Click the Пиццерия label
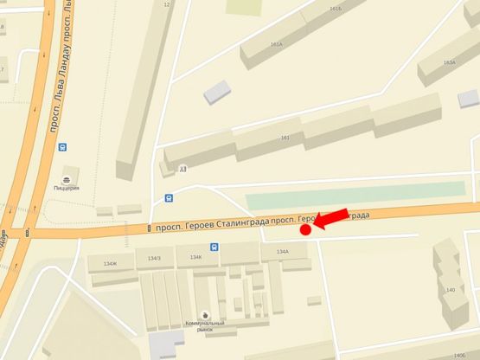click(67, 188)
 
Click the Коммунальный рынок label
click(204, 326)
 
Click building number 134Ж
click(110, 263)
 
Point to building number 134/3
click(154, 258)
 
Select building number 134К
click(195, 256)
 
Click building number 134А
click(282, 252)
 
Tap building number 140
click(451, 290)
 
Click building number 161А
click(276, 43)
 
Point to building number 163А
click(449, 62)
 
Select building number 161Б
click(336, 9)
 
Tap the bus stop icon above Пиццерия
click(62, 147)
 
